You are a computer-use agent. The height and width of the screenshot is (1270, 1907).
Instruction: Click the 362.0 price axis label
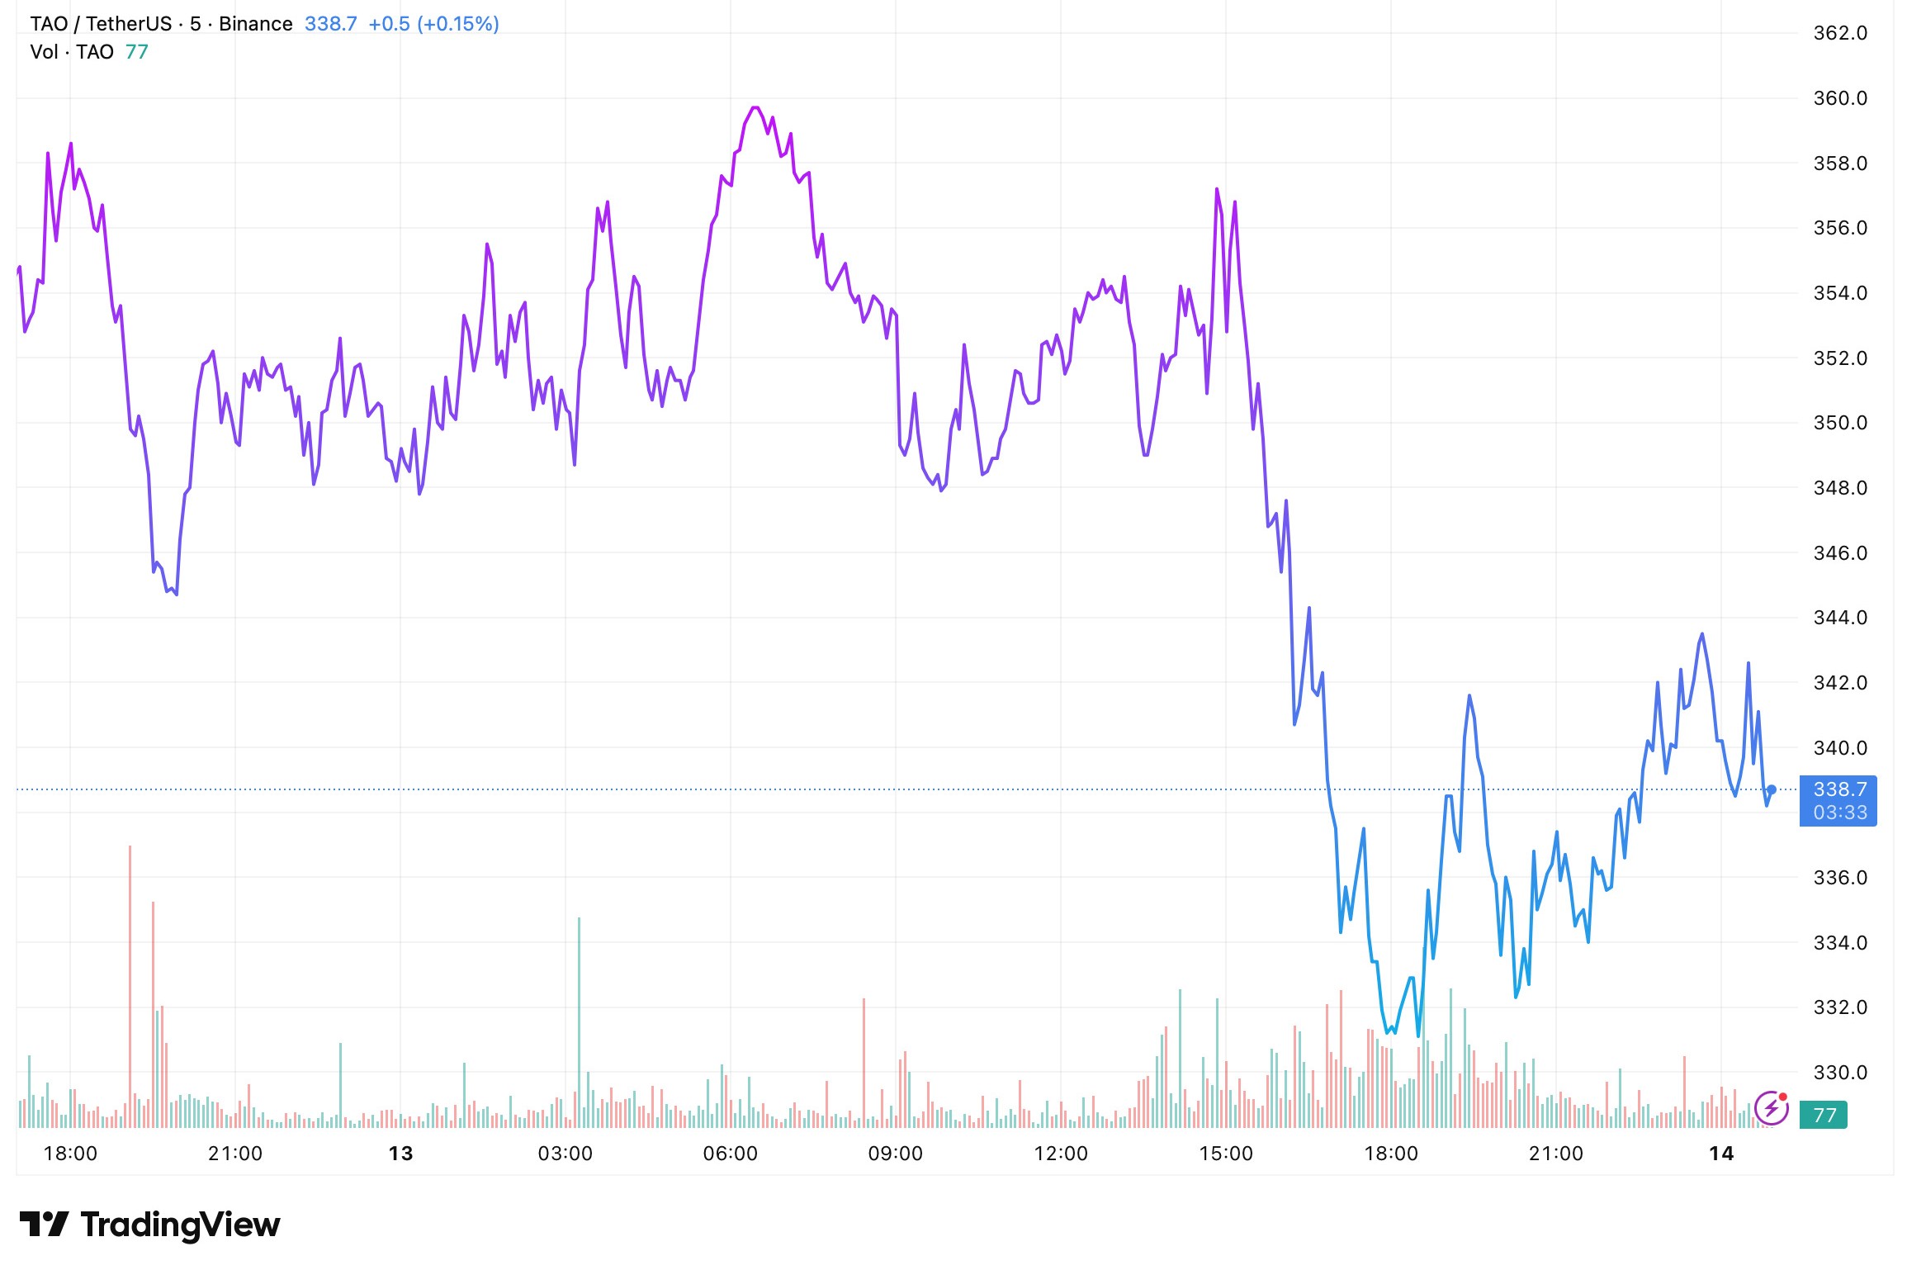(1839, 33)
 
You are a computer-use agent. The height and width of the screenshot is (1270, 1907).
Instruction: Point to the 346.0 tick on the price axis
(1839, 552)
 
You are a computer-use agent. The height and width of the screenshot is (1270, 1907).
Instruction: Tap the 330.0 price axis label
(1839, 1072)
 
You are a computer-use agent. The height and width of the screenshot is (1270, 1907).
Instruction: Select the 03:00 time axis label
(565, 1153)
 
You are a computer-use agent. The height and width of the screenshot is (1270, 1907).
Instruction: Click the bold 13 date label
(400, 1153)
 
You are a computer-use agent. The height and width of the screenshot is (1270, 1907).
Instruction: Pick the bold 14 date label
(1720, 1153)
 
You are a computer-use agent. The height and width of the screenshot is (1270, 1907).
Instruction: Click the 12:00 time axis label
(1060, 1153)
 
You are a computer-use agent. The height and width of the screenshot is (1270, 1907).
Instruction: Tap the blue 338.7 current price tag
(1838, 799)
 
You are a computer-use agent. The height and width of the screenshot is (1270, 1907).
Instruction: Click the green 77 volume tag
(1824, 1116)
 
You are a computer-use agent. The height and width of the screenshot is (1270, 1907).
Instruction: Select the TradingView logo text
(180, 1225)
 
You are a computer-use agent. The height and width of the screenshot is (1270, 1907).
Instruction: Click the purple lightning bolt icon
(1771, 1108)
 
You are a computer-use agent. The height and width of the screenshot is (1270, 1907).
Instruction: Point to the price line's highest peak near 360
(755, 107)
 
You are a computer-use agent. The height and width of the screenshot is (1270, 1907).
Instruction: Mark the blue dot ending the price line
(1771, 789)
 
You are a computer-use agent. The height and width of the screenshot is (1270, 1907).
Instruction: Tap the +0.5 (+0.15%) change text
(433, 24)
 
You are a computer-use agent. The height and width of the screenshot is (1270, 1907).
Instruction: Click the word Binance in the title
(255, 24)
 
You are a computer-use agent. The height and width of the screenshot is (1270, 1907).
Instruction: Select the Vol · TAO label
(71, 52)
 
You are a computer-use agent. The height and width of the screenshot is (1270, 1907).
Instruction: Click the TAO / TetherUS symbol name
(98, 24)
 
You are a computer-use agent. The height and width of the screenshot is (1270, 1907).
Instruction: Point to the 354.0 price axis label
(1839, 293)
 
